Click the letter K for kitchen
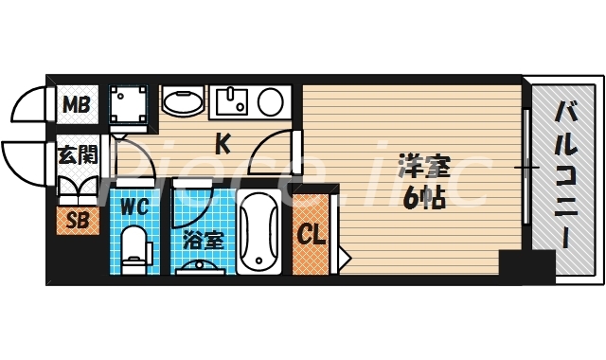point(223,145)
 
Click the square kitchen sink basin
point(229,100)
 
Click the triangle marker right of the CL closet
point(343,254)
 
